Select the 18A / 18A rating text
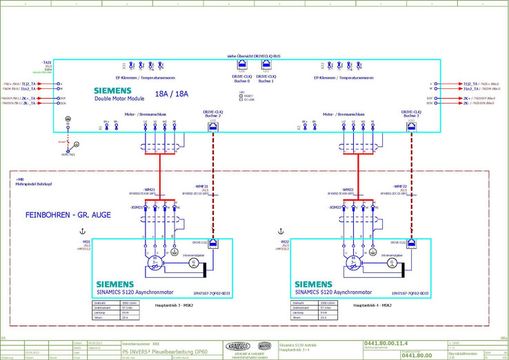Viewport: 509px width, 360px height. click(172, 94)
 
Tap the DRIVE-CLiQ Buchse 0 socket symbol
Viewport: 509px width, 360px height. click(242, 67)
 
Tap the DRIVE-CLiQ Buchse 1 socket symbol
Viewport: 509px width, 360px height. click(266, 67)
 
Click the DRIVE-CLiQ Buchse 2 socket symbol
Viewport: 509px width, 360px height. click(212, 126)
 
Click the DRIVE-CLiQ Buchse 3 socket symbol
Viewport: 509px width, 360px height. click(411, 126)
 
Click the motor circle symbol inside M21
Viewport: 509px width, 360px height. click(155, 263)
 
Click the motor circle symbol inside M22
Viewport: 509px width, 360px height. click(354, 263)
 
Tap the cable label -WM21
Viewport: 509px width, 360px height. click(150, 189)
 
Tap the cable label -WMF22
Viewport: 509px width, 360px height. click(399, 186)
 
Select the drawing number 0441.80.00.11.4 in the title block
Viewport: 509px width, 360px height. click(386, 343)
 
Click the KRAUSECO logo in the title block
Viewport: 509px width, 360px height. click(237, 346)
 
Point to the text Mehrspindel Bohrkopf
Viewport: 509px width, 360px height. click(30, 182)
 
